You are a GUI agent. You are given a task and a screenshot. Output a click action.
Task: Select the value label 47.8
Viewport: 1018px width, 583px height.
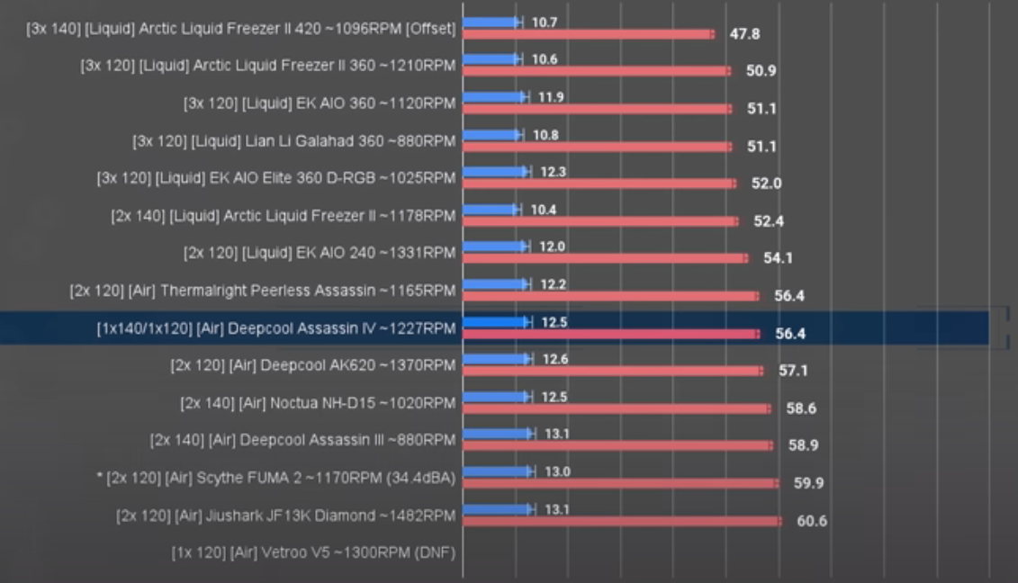743,34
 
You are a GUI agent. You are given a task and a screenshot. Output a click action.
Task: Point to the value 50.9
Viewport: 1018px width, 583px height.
761,71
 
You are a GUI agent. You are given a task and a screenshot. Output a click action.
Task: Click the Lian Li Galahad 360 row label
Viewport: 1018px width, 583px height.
293,141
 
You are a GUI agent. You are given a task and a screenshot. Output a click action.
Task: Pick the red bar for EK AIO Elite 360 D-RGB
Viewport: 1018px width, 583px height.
599,184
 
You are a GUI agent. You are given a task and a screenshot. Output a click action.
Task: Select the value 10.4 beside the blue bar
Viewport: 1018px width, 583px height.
543,209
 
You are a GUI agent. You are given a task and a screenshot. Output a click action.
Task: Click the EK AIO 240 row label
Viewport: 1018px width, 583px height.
320,254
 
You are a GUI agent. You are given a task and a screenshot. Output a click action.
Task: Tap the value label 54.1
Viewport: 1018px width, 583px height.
778,258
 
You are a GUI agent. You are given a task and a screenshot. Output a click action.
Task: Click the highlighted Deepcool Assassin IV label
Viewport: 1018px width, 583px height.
275,328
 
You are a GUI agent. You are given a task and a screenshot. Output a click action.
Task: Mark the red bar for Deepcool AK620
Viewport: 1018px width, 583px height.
612,371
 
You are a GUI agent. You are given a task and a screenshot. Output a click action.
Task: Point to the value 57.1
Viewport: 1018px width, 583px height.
793,371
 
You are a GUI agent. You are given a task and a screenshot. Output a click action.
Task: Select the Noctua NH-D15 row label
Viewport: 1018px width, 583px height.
318,403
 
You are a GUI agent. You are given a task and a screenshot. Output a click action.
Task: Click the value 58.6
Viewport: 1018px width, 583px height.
800,408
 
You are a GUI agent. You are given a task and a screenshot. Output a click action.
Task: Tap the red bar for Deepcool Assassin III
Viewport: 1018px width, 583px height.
617,445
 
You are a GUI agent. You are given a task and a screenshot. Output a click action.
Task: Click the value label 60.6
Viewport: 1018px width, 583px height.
811,521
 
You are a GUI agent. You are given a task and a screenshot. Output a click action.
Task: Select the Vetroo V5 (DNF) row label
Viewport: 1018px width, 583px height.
314,552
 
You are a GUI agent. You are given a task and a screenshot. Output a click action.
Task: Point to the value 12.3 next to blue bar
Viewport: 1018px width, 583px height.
553,171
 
